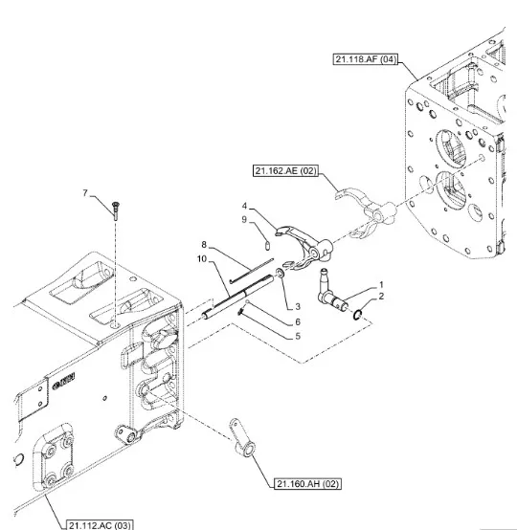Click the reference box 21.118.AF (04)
365,59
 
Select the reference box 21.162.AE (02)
285,170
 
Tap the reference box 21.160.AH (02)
307,484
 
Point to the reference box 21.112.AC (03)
100,525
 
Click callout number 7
85,192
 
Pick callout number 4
245,206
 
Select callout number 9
244,220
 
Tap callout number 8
204,244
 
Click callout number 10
202,259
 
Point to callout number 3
298,306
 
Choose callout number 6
298,321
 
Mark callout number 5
298,337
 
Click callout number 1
381,284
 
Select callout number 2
381,297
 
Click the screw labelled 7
116,210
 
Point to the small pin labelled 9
268,245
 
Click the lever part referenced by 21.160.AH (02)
243,438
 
